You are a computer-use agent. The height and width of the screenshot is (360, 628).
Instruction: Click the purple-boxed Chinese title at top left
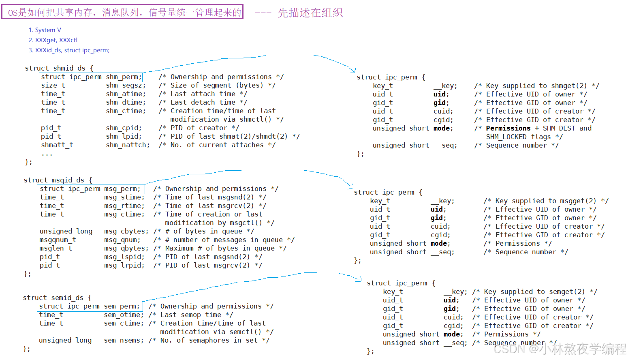tap(122, 12)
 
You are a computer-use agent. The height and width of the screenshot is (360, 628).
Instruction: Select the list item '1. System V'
tap(45, 30)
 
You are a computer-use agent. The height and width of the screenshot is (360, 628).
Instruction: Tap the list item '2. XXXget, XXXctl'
tap(53, 40)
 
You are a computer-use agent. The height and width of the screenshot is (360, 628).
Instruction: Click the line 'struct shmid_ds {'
tap(59, 68)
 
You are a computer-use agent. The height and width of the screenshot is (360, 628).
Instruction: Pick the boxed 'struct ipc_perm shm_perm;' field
tap(91, 77)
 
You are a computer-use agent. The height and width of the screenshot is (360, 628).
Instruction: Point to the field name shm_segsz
tap(126, 86)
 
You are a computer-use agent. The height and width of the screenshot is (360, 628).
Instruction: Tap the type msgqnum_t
tap(58, 240)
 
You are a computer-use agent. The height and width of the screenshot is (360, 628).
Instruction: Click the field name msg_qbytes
tap(126, 249)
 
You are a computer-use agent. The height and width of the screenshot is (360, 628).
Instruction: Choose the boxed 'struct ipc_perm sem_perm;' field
tap(89, 306)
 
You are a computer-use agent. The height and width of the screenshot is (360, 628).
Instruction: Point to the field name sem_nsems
tap(124, 341)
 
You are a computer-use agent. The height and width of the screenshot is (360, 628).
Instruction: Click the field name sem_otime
tap(124, 315)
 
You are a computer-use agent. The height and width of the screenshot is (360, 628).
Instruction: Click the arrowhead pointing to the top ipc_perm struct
tap(353, 71)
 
